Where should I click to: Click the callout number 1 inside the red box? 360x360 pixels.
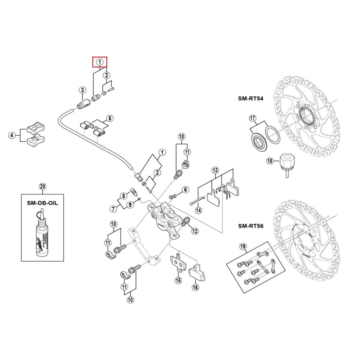[99, 62]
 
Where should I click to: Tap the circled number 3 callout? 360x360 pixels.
[82, 90]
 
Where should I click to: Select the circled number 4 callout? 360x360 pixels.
[11, 135]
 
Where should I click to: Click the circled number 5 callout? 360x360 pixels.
[110, 118]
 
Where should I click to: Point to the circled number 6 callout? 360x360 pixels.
[185, 189]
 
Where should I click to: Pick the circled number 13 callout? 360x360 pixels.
[215, 170]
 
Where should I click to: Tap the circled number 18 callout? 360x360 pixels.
[269, 161]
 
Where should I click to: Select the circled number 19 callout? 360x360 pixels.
[243, 247]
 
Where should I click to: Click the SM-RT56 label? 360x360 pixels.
[250, 226]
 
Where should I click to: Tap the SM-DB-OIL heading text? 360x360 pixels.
[42, 203]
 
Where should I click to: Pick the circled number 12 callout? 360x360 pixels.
[195, 231]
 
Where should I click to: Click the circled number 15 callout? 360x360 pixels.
[178, 280]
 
